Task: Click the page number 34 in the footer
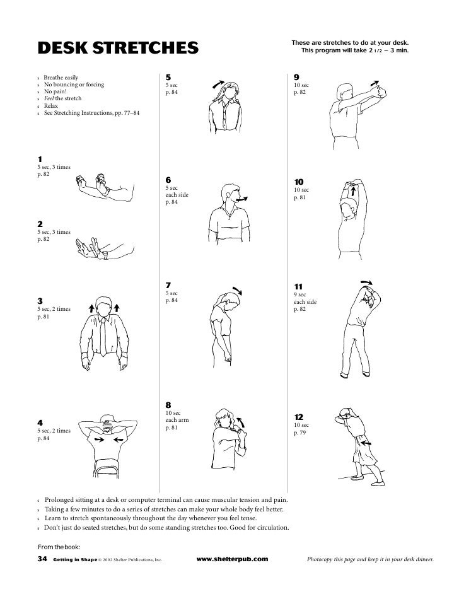point(43,559)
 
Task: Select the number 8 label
point(168,404)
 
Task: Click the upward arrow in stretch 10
point(354,190)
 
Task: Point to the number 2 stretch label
point(40,223)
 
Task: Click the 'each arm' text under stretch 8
point(177,420)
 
